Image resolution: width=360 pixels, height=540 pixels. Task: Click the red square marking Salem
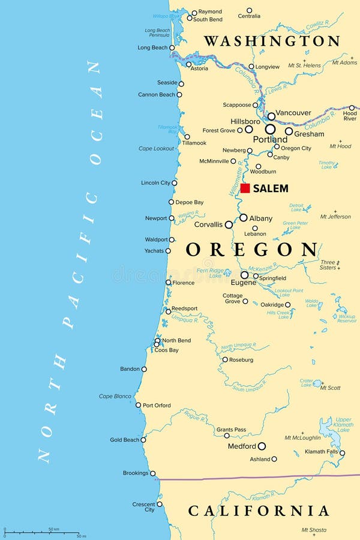[245, 188]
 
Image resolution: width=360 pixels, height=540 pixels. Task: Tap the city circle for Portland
[271, 129]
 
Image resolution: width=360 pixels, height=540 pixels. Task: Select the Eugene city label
[244, 282]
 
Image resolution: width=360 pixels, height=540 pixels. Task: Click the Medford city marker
[262, 446]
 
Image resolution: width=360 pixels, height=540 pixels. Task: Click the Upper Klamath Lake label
[343, 424]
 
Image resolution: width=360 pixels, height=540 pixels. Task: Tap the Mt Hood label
[340, 146]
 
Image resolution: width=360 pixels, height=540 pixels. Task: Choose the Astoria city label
[199, 68]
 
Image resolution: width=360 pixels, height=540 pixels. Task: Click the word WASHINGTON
[272, 41]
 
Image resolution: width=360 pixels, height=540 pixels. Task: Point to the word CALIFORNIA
[259, 511]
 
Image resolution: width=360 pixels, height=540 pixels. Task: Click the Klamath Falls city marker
[342, 453]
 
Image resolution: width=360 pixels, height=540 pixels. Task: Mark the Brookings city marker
[152, 473]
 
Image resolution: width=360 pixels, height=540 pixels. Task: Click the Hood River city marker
[352, 108]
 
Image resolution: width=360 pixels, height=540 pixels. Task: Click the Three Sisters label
[328, 265]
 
